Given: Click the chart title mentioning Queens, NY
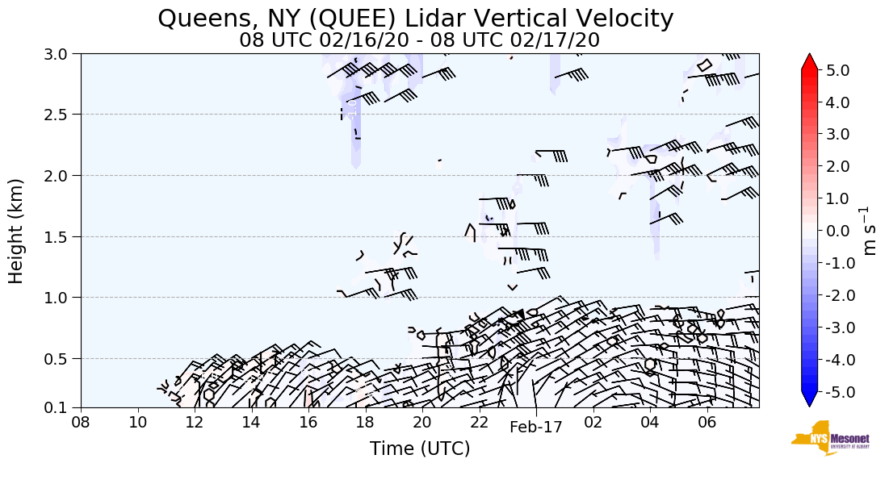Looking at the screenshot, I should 416,18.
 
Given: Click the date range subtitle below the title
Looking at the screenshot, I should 420,40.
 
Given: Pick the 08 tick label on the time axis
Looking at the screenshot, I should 81,422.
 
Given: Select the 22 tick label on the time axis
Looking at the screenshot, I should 479,422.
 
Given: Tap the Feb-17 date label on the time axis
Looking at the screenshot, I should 535,428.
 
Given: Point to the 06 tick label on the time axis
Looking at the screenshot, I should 707,422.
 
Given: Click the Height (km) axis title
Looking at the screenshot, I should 17,231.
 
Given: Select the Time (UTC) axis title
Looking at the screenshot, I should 420,449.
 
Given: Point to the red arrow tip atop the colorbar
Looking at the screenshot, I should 810,61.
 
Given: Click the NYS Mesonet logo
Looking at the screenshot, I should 824,439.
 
